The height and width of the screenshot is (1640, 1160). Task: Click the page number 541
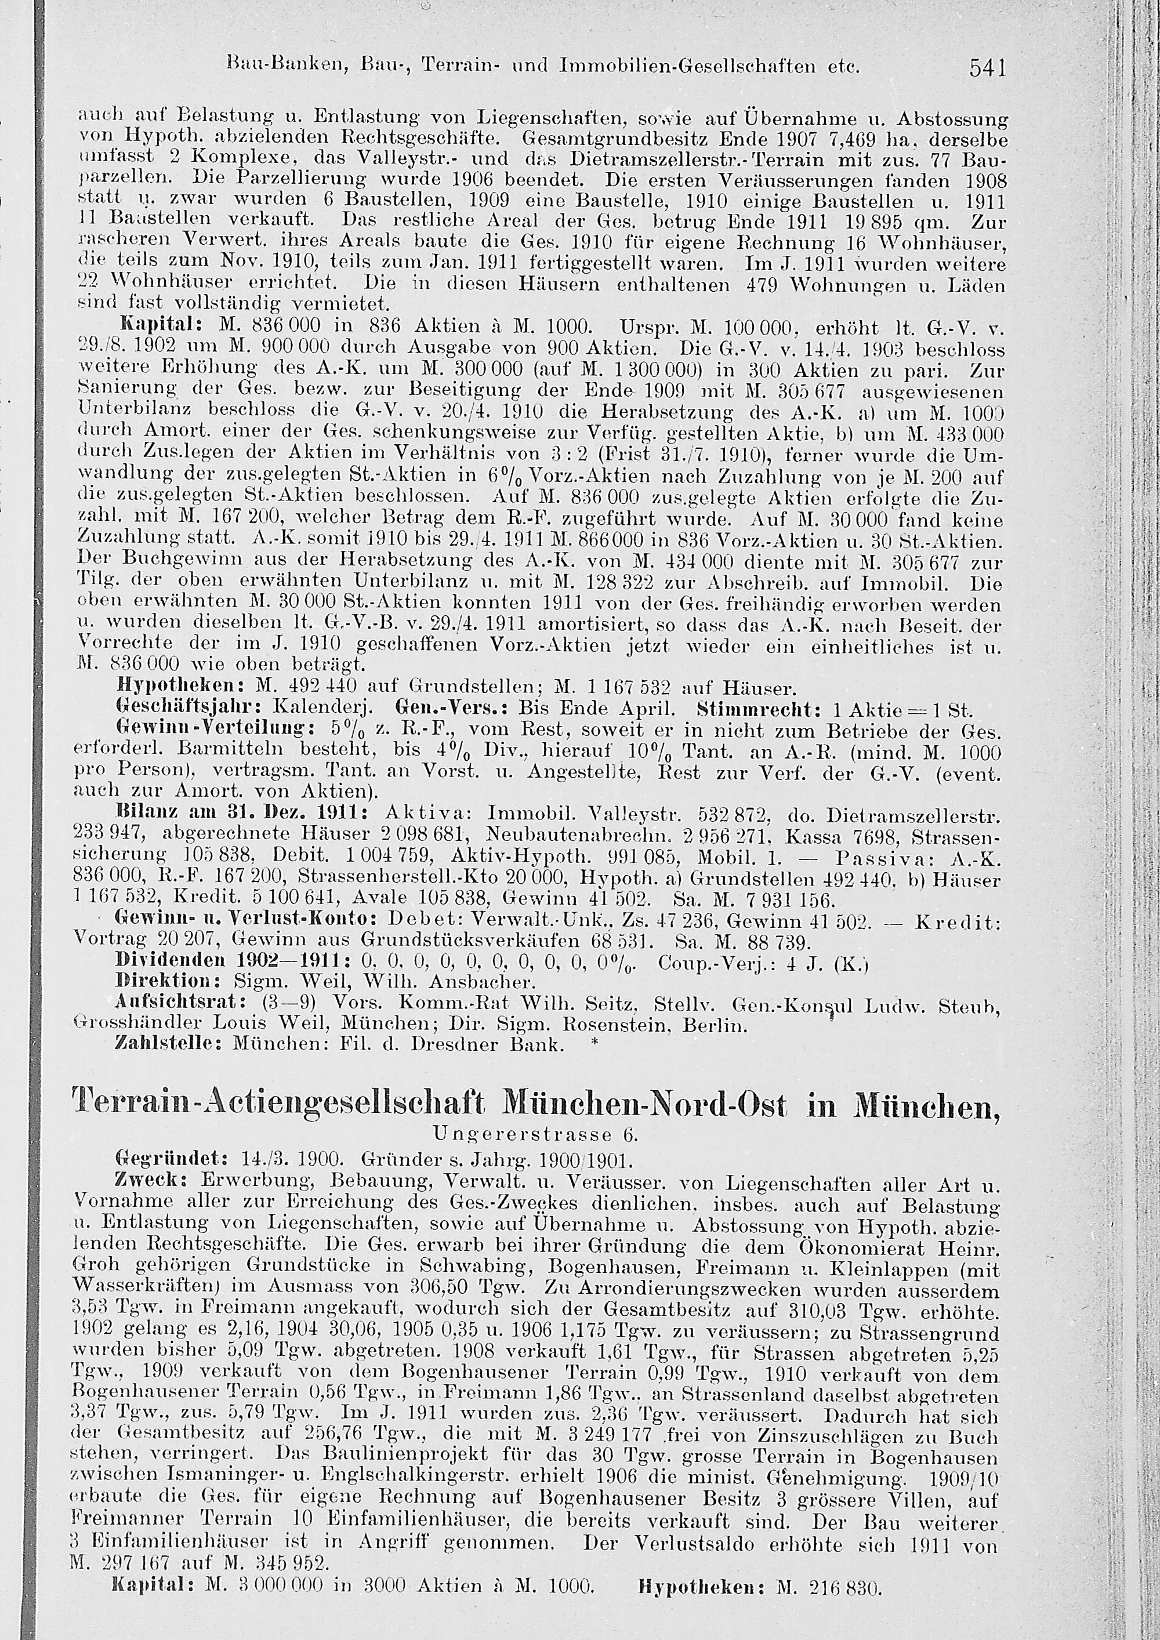point(988,68)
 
